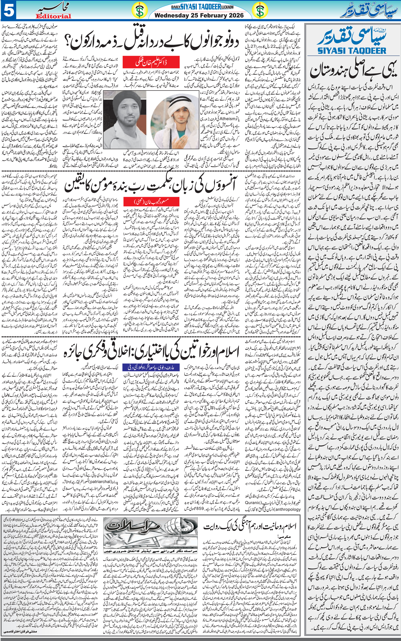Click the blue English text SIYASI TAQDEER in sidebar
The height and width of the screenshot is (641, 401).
[352, 50]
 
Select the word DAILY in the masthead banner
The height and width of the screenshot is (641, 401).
[176, 7]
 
